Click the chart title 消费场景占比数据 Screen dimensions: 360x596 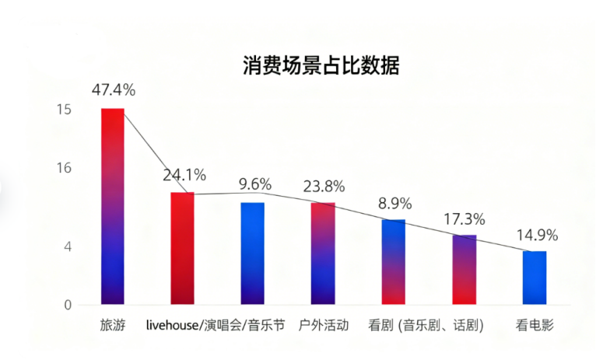coord(321,65)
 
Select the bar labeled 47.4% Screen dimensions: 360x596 coord(113,206)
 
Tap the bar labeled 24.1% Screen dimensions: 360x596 coord(182,248)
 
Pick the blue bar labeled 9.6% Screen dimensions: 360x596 coord(253,253)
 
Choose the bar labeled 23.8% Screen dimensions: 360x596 coord(323,253)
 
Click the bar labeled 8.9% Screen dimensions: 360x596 coord(394,262)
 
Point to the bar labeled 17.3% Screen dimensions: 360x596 coord(465,269)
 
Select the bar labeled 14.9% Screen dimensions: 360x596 coord(535,278)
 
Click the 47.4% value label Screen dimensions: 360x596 coord(114,89)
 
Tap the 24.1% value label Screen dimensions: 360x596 coord(184,174)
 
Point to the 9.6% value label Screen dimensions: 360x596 coord(255,184)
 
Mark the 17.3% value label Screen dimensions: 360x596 coord(465,218)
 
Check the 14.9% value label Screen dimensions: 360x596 coord(536,235)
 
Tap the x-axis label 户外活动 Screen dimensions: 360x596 coord(324,325)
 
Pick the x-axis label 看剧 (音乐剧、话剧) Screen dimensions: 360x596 coord(426,325)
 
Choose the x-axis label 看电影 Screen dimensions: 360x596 coord(535,325)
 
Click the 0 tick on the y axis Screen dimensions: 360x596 coord(68,305)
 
